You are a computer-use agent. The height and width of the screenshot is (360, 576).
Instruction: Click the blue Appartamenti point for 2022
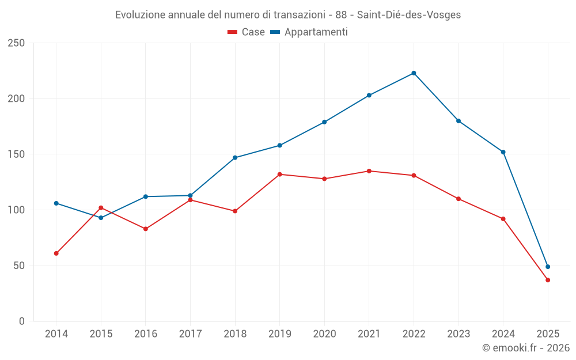click(x=414, y=73)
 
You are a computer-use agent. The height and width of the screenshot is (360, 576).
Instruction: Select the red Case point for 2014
click(x=56, y=253)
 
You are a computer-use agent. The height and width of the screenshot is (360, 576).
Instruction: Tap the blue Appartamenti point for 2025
click(x=548, y=267)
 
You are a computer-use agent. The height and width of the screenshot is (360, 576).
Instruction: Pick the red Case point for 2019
click(x=279, y=174)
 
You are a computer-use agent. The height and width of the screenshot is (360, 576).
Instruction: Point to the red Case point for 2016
click(x=145, y=229)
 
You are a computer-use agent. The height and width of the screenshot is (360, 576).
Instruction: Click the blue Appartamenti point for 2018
click(x=235, y=157)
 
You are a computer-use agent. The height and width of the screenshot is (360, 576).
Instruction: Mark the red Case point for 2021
click(x=369, y=171)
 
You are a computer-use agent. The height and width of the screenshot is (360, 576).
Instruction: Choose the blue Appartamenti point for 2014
click(x=56, y=203)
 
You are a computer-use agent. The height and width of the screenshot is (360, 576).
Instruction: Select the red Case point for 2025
click(x=548, y=280)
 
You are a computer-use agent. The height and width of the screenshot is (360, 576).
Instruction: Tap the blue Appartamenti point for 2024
click(x=503, y=152)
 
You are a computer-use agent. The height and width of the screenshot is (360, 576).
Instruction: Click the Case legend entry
click(x=247, y=32)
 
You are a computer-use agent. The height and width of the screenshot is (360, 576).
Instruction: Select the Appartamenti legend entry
click(x=309, y=32)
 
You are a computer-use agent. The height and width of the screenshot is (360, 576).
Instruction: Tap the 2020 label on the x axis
click(x=324, y=334)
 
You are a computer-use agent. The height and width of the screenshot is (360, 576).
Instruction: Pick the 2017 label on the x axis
click(x=190, y=334)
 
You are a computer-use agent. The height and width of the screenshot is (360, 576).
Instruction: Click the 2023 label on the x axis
click(x=458, y=334)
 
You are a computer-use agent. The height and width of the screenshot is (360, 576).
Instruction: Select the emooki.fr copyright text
click(x=526, y=348)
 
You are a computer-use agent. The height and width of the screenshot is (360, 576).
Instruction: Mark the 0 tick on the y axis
click(x=22, y=321)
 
